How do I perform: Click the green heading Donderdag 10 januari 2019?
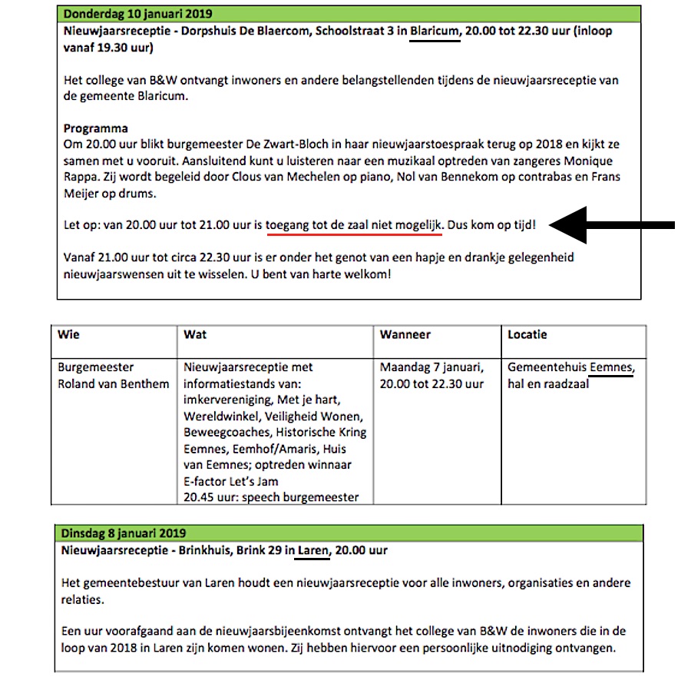(138, 15)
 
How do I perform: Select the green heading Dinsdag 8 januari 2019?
(123, 533)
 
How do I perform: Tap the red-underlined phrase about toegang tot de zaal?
(355, 226)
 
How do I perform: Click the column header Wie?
(68, 335)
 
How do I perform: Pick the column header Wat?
(195, 335)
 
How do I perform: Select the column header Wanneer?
(405, 335)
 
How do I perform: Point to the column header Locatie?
(527, 335)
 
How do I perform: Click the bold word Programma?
(96, 128)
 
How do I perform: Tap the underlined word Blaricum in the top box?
(435, 32)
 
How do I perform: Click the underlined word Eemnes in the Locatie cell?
(612, 367)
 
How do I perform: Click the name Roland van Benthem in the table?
(114, 383)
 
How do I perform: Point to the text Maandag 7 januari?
(431, 367)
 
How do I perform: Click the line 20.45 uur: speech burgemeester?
(271, 497)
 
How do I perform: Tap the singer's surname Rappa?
(81, 177)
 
